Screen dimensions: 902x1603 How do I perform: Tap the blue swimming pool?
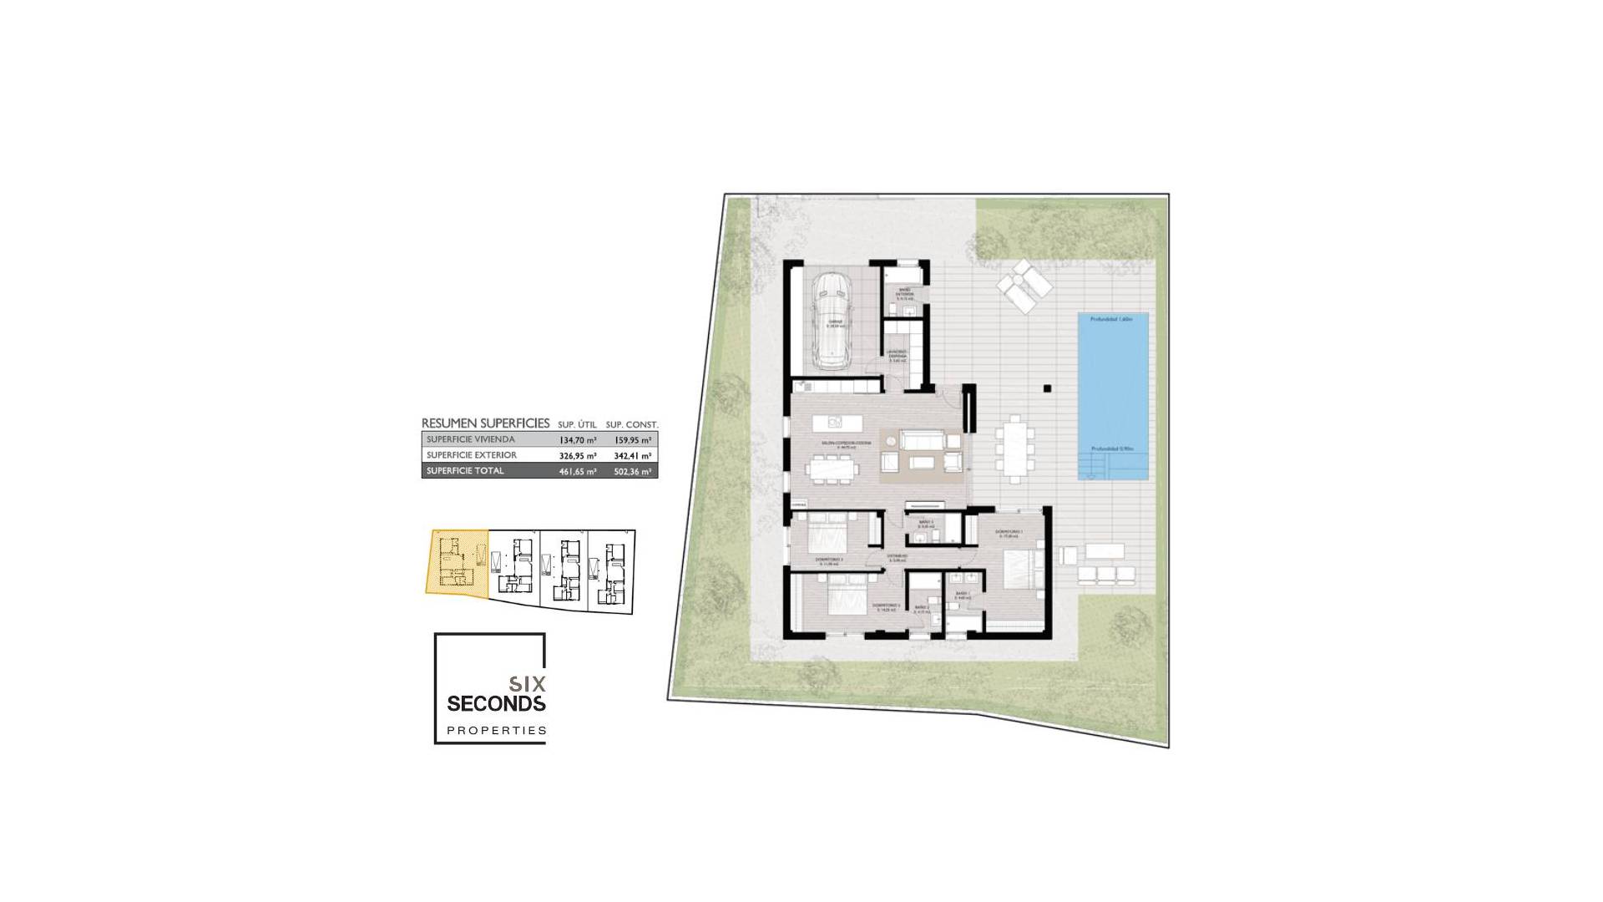pos(1112,396)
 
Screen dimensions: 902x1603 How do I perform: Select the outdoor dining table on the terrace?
pos(1014,448)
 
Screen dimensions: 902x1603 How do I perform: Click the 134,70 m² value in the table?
pos(578,439)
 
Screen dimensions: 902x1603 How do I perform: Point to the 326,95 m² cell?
pos(578,455)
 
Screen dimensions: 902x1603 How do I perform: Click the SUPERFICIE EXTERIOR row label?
pos(471,455)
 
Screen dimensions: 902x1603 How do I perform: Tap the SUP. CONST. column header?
pos(632,424)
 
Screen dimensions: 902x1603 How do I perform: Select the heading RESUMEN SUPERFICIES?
pos(485,423)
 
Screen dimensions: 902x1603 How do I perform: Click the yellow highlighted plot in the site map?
pos(456,561)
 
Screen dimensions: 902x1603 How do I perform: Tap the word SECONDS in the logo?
pos(496,703)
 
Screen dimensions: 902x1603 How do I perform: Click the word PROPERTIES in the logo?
pos(497,731)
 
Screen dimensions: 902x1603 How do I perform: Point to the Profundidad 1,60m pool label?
pos(1111,319)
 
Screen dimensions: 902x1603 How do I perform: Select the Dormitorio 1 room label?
pos(1009,532)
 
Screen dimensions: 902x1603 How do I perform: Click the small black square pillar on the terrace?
pos(1046,388)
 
